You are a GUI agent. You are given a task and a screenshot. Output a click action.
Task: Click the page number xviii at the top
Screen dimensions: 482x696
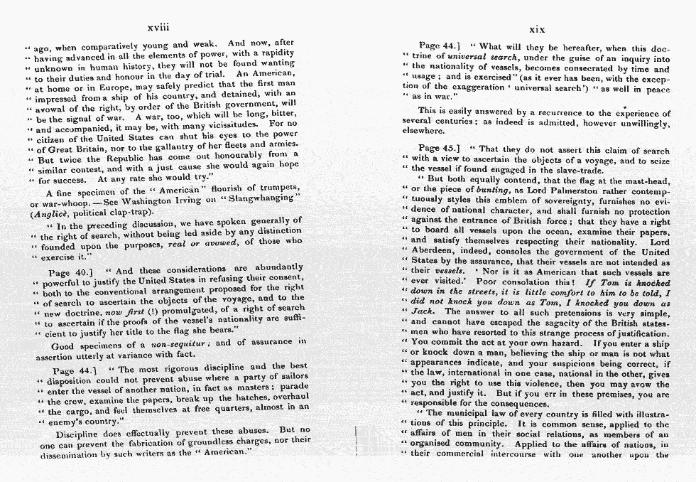click(158, 28)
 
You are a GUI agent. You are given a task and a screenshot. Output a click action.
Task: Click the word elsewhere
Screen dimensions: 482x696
click(422, 131)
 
